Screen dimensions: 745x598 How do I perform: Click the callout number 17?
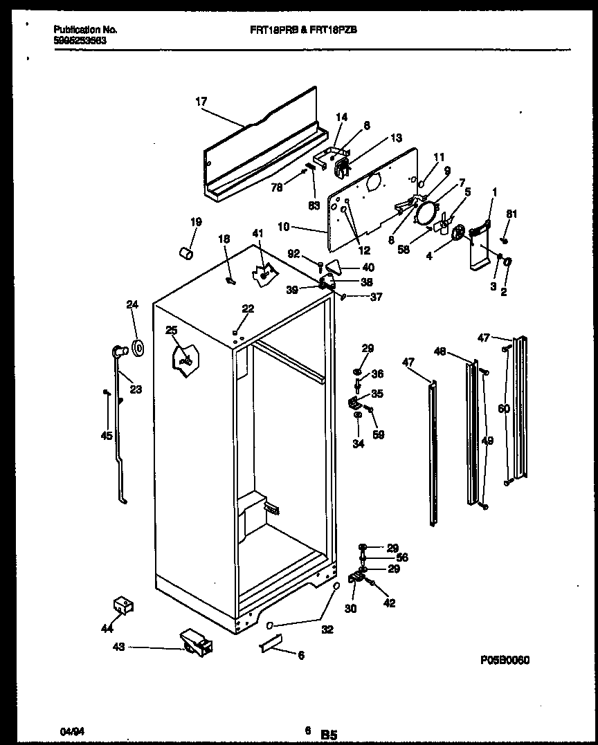click(201, 102)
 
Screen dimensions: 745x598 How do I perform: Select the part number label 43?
click(118, 647)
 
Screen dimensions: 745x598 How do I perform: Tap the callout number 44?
click(106, 629)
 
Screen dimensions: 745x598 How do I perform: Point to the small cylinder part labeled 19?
click(185, 254)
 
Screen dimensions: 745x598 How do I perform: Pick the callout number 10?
click(302, 226)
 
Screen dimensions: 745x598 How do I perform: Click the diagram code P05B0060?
click(504, 660)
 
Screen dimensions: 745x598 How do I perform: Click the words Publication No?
click(85, 30)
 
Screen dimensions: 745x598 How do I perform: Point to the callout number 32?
click(327, 629)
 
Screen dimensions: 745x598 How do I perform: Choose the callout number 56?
click(401, 558)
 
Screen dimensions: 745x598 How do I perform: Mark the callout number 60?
click(503, 409)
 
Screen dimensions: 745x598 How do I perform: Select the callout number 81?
click(511, 214)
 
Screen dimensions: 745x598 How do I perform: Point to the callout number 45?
click(106, 436)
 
